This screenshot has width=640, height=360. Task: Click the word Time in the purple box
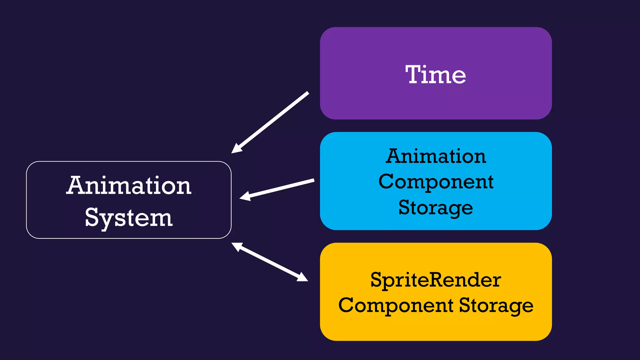(436, 75)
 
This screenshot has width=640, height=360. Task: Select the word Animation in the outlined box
(129, 185)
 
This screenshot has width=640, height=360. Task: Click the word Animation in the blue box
(436, 156)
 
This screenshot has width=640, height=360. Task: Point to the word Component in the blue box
(436, 182)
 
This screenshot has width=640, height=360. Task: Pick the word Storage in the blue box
(436, 208)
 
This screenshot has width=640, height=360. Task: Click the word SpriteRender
(436, 280)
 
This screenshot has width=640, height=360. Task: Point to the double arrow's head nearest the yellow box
(302, 277)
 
